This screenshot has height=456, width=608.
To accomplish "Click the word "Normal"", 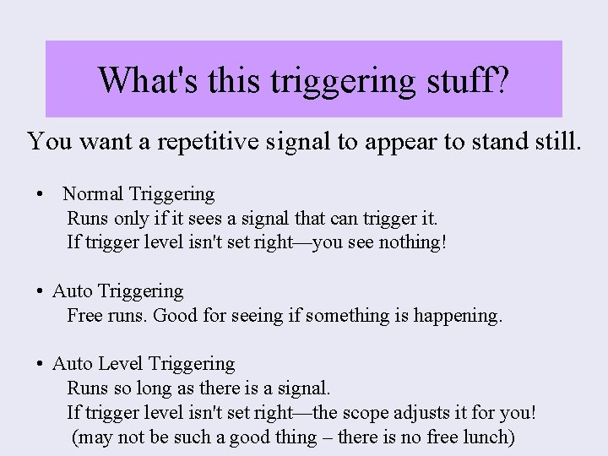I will point(93,194).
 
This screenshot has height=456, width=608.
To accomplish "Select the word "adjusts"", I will point(420,414).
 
